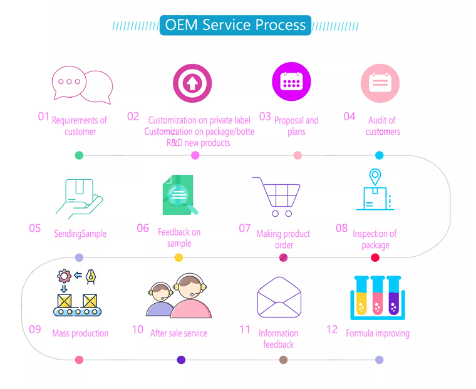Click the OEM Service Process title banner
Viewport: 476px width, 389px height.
pos(235,25)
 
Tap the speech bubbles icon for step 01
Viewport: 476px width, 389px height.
pos(82,85)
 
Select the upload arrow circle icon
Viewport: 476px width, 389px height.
pos(192,83)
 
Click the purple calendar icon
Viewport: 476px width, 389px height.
pos(291,82)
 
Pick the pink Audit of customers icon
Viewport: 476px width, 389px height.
pos(380,83)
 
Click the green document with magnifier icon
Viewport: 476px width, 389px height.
pos(179,195)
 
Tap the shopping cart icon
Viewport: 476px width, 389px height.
pos(277,196)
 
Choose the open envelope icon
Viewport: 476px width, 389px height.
pos(279,297)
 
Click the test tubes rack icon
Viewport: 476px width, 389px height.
pos(377,297)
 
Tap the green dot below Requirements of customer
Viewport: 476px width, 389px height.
pos(79,155)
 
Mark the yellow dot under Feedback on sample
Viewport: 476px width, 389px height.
pos(178,257)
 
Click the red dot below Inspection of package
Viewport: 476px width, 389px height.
pos(375,257)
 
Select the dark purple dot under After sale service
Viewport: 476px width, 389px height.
pos(181,360)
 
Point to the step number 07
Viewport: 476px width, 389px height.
pos(245,229)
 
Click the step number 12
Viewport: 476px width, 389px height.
pos(332,329)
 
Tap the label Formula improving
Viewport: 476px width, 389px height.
pos(378,333)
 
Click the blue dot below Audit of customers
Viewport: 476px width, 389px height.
pos(379,155)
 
